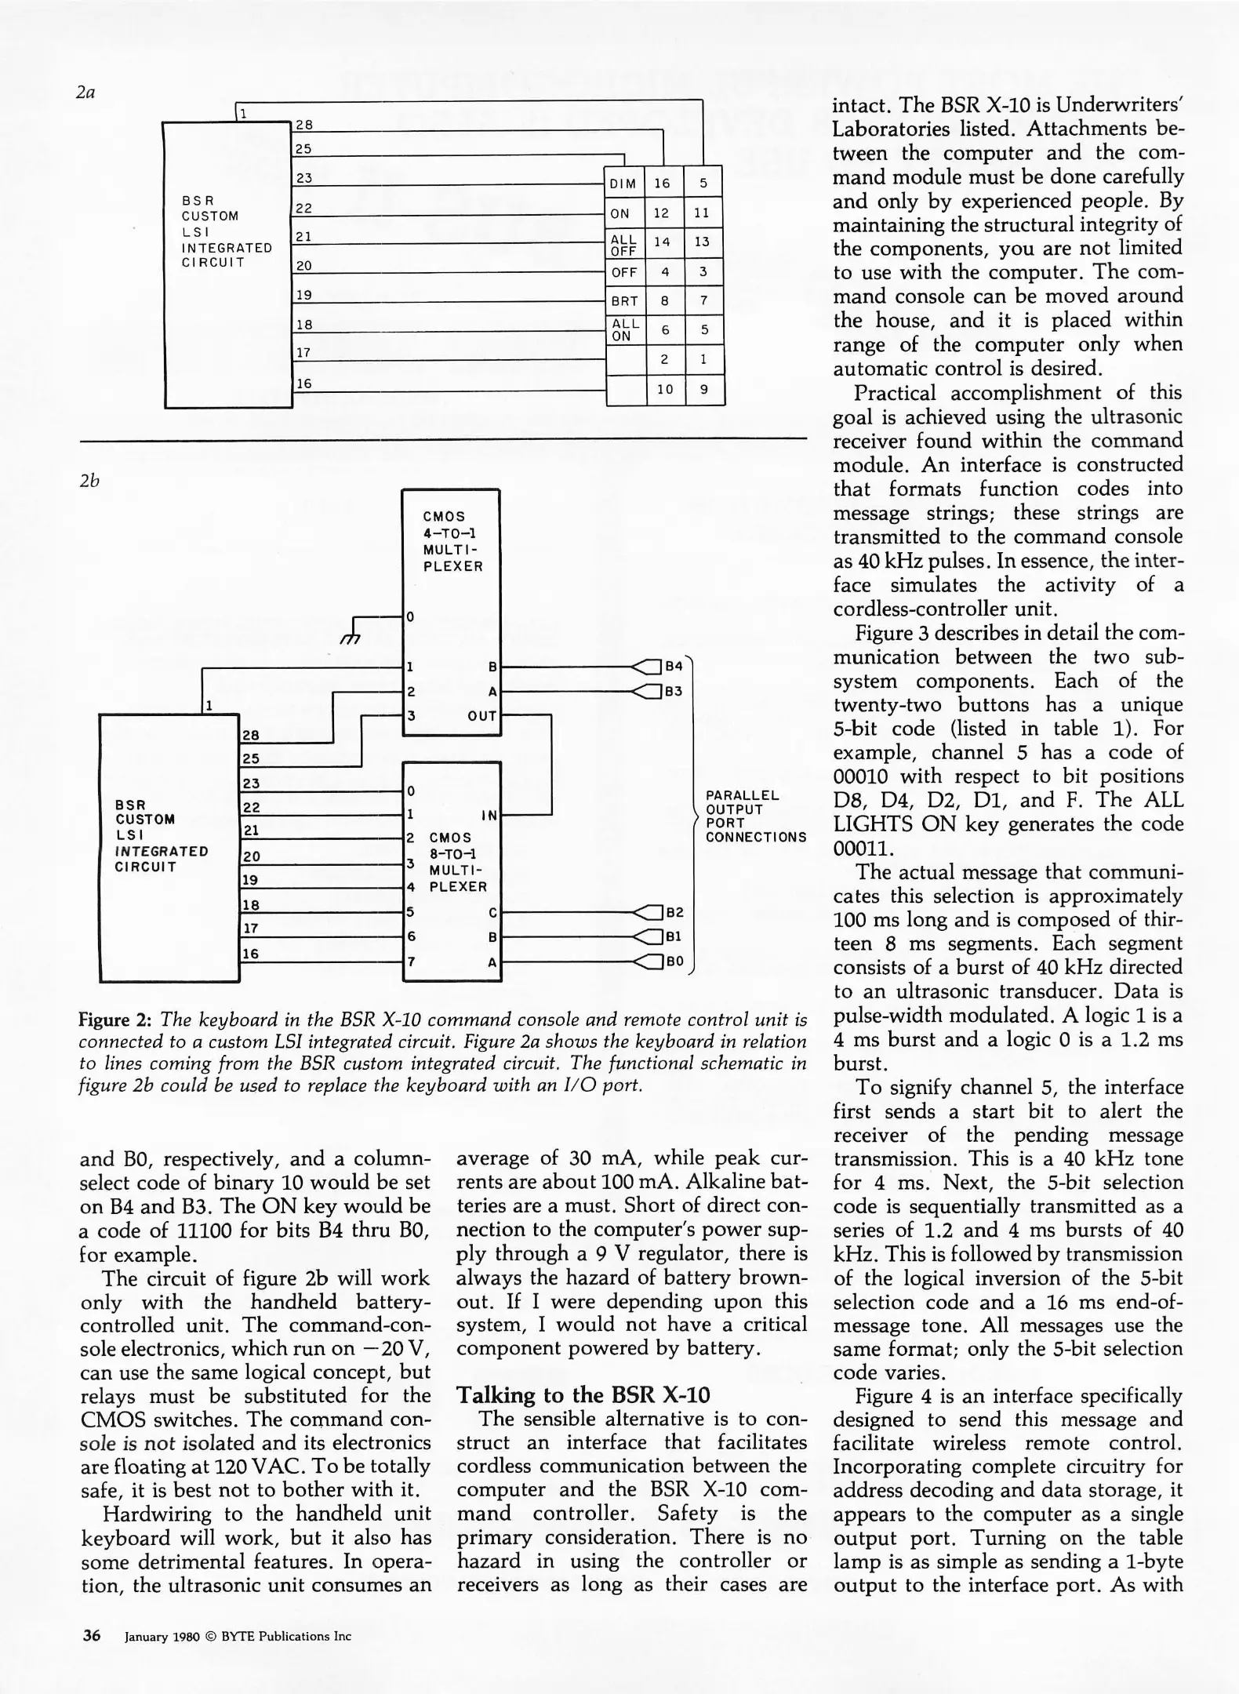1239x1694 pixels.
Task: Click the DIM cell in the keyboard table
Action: (623, 184)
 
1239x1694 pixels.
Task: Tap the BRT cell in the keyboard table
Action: (625, 301)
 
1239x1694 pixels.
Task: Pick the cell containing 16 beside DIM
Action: (663, 184)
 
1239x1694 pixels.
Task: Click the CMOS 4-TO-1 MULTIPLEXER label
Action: (452, 541)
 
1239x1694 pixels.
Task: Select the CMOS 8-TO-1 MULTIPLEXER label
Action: (458, 862)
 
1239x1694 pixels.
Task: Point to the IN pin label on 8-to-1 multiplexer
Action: (489, 815)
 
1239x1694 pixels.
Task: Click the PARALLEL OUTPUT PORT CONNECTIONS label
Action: (755, 816)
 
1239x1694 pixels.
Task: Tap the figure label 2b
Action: (89, 481)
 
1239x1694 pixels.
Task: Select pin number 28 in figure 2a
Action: (304, 125)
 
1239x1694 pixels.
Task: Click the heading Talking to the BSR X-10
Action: (583, 1394)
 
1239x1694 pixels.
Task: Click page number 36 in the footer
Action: (91, 1635)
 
